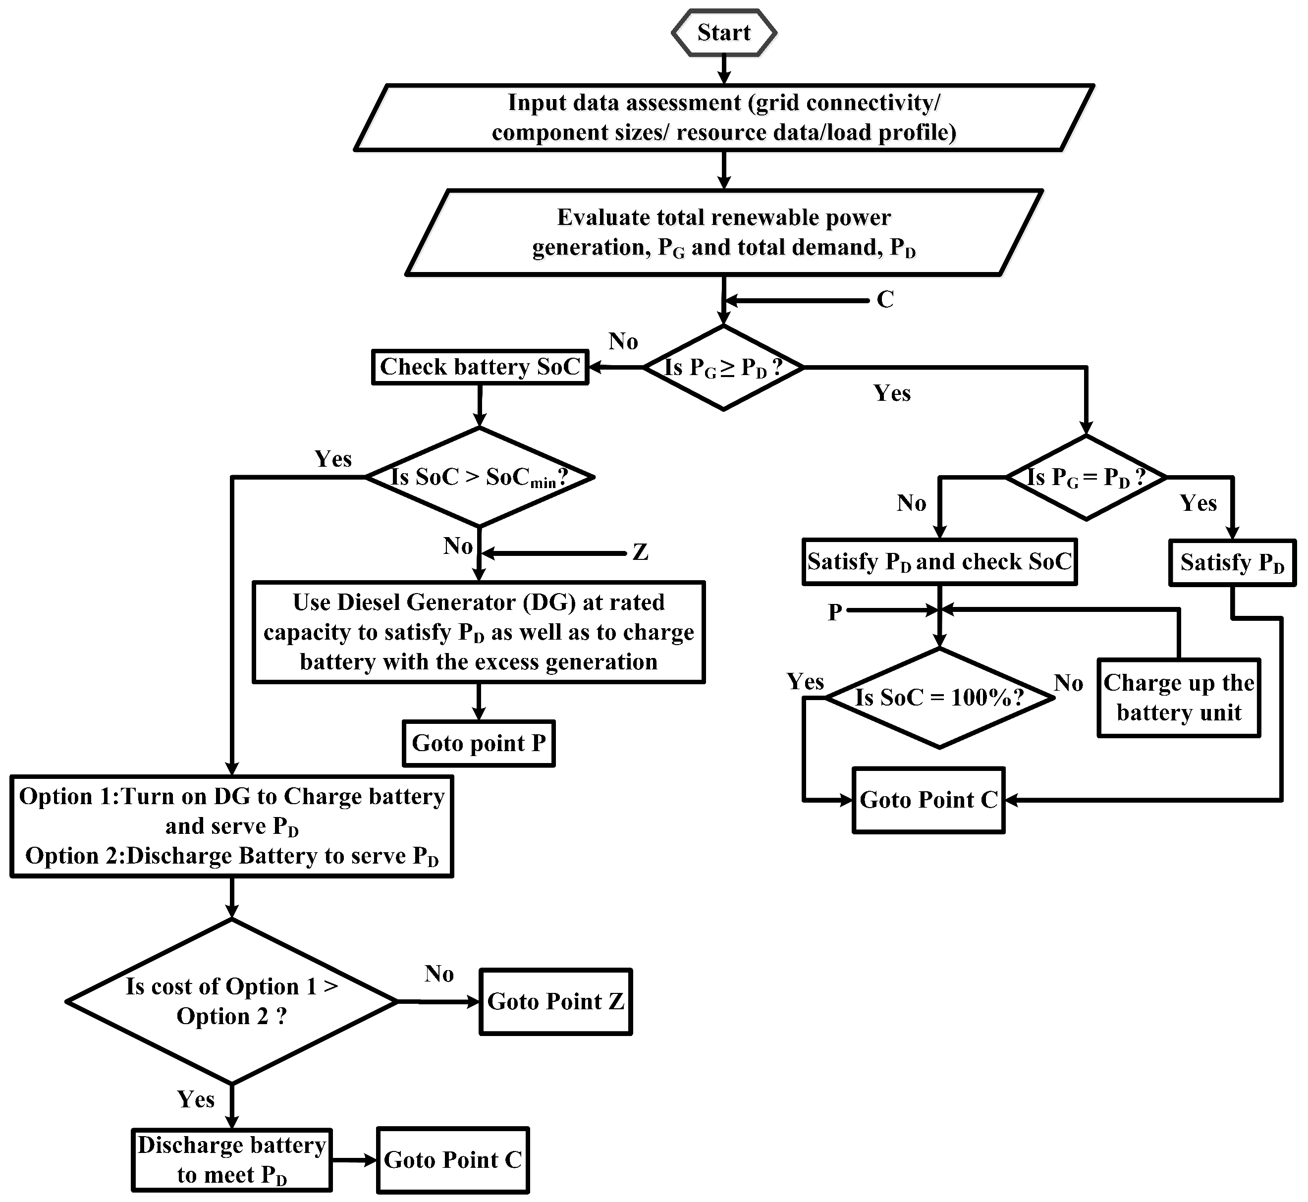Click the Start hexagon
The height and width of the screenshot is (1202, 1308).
coord(723,33)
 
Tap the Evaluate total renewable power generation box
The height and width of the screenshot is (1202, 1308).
coord(723,232)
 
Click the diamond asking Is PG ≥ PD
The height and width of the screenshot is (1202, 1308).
coord(723,368)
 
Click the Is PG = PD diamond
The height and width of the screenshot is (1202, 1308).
coord(1086,478)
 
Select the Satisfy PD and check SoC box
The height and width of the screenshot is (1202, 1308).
coord(939,562)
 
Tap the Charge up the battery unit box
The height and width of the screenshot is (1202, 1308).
coord(1179,698)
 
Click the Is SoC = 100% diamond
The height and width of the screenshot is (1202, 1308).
coord(939,698)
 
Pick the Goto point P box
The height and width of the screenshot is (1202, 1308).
coord(479,743)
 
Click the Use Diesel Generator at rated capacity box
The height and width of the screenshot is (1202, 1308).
coord(479,632)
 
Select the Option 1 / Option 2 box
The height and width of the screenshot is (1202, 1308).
coord(231,826)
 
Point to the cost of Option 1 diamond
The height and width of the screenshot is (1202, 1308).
coord(231,1002)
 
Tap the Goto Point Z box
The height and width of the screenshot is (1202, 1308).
coord(555,1002)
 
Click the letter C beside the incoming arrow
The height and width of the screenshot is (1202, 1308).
coord(885,300)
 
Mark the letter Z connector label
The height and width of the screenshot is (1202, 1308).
coord(640,552)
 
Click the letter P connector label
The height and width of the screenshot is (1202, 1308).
coord(834,612)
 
